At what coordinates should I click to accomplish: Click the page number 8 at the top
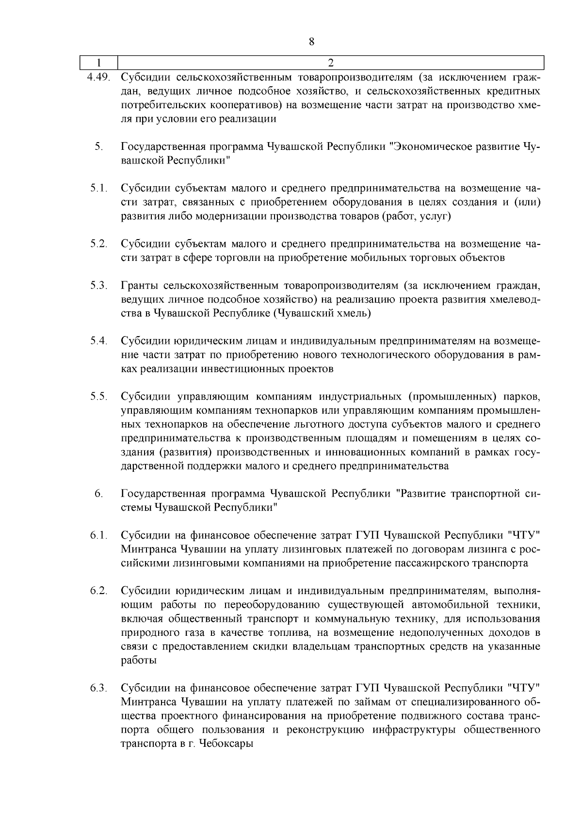312,42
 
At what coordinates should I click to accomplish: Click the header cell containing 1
99,63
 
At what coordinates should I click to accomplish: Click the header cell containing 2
331,63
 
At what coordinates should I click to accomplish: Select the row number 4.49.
99,77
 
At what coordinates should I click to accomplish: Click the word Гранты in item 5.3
139,285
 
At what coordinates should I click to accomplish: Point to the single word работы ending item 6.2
139,661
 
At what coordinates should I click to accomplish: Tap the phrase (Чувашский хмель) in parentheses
322,313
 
